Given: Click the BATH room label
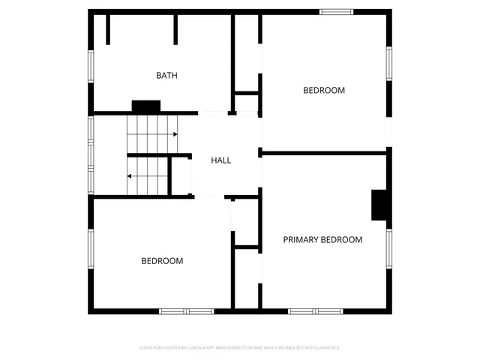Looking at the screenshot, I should click(x=166, y=75).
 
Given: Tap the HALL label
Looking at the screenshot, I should click(x=220, y=160).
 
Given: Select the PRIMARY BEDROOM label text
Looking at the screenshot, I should click(x=322, y=240).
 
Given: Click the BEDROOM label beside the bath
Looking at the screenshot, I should click(x=324, y=90).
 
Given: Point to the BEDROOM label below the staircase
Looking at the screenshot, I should click(x=162, y=261).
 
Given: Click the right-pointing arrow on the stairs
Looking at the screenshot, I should click(x=175, y=134).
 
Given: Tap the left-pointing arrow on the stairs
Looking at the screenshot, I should click(x=130, y=176).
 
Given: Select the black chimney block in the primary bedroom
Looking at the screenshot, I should click(x=381, y=205).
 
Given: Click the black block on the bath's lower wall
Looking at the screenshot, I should click(x=146, y=106).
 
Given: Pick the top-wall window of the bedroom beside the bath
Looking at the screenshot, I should click(x=337, y=11).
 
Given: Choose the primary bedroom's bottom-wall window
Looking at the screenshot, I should click(x=316, y=310).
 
